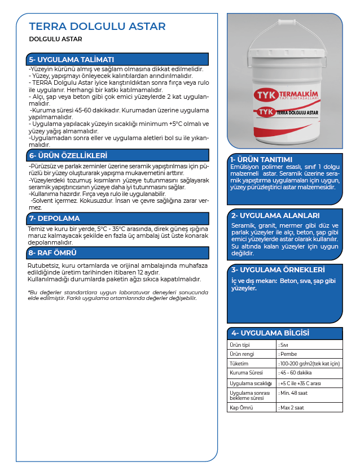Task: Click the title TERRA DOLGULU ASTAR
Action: click(97, 27)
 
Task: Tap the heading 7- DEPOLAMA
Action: click(54, 218)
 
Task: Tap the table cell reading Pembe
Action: click(289, 354)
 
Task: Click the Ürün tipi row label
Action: click(240, 345)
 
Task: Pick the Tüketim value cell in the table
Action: click(309, 363)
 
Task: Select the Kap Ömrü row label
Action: click(241, 407)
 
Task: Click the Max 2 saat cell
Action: click(293, 407)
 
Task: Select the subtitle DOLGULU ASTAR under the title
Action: click(55, 40)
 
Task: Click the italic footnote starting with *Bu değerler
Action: click(118, 295)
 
